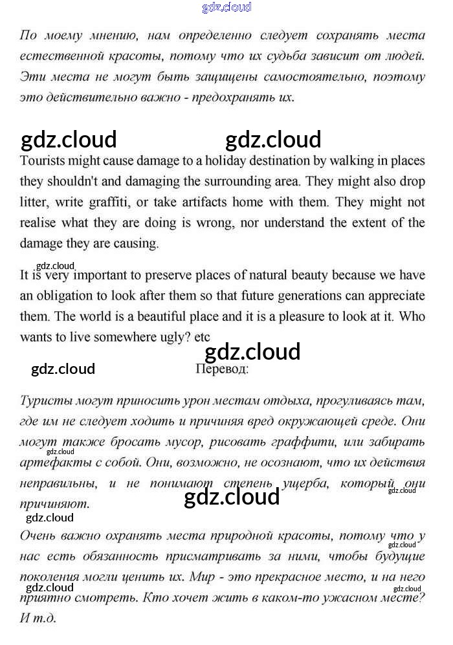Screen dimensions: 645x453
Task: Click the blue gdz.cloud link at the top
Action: pyautogui.click(x=226, y=8)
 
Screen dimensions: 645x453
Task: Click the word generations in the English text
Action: pyautogui.click(x=315, y=296)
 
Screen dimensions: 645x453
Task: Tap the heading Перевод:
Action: pyautogui.click(x=221, y=369)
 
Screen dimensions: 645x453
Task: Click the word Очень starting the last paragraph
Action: pyautogui.click(x=41, y=535)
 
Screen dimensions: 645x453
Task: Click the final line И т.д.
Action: pyautogui.click(x=38, y=618)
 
